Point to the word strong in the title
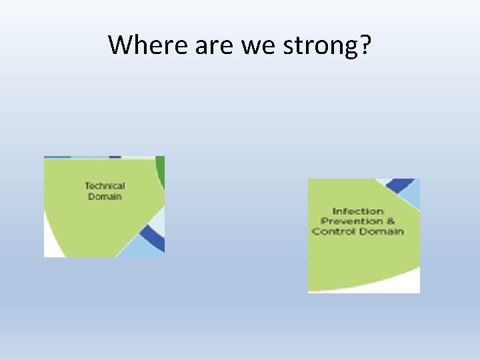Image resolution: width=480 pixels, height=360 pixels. point(315,45)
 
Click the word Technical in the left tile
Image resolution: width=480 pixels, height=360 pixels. point(105,186)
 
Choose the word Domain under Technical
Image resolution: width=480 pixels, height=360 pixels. point(105,197)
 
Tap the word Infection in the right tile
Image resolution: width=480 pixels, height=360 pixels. point(358,211)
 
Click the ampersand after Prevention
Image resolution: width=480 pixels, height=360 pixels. point(391,221)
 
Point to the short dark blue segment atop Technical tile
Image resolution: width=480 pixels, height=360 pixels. point(115,157)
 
